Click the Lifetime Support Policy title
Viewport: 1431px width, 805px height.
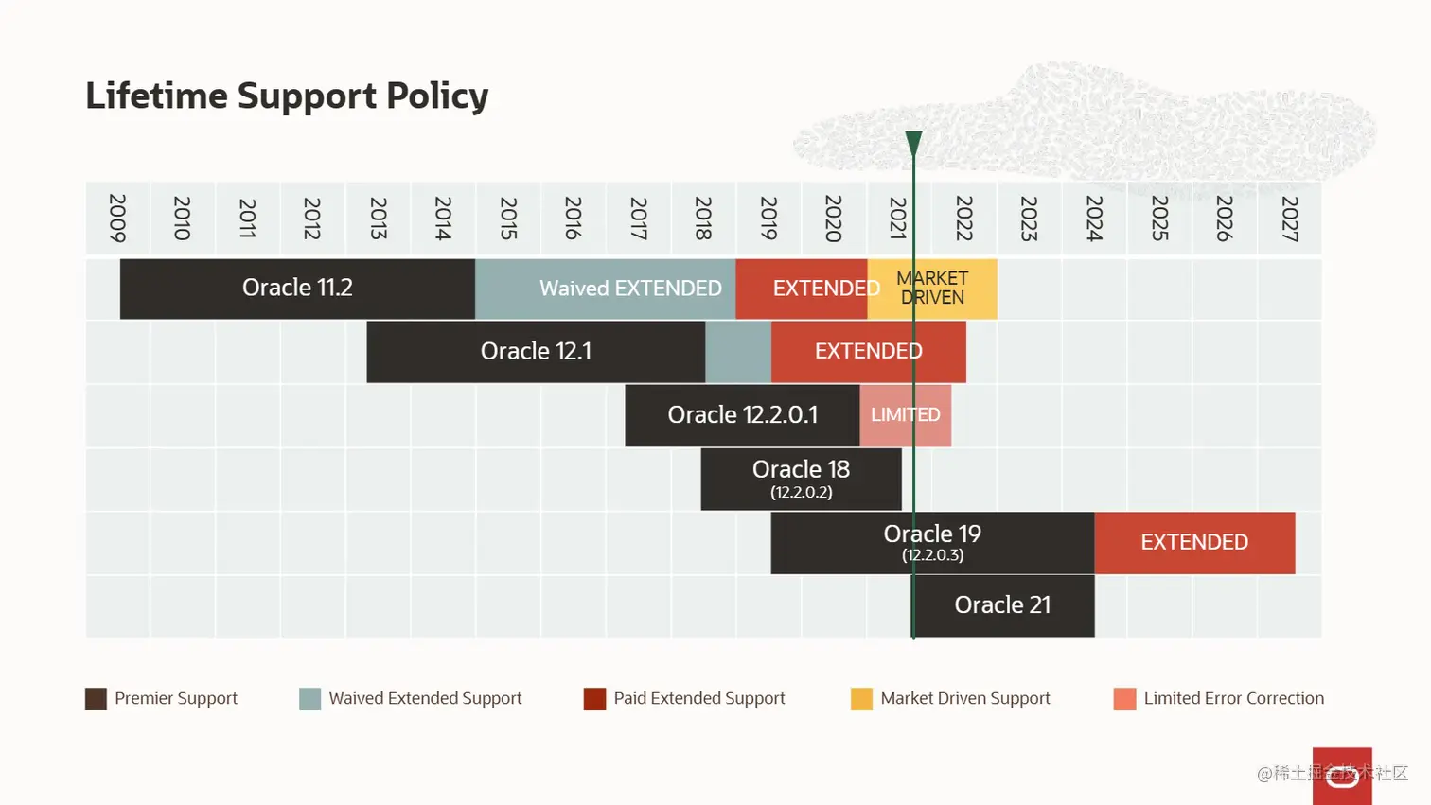(x=287, y=96)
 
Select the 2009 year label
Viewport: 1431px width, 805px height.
(x=117, y=219)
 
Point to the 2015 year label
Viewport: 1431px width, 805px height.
(x=508, y=219)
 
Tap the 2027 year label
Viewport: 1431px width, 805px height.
(x=1289, y=219)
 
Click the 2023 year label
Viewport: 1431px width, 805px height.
(x=1029, y=219)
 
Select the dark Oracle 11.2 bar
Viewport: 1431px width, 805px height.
(x=297, y=289)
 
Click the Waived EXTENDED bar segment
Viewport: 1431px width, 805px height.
(x=606, y=289)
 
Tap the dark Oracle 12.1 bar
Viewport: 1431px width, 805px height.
(x=536, y=352)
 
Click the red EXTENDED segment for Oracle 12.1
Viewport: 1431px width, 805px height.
(x=868, y=352)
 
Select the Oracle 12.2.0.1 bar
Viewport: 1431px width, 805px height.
(x=742, y=415)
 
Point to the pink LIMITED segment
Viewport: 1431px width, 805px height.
(x=906, y=415)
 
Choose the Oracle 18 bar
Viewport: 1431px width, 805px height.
(x=801, y=479)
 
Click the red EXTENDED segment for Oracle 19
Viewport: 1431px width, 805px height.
(x=1194, y=542)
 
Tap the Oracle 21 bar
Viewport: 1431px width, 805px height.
(x=1003, y=605)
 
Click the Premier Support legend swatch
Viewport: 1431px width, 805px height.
(x=96, y=699)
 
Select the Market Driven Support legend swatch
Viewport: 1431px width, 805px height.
(x=861, y=699)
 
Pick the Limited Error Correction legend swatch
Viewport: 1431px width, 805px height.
(x=1124, y=699)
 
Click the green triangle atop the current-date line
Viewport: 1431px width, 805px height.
(x=913, y=142)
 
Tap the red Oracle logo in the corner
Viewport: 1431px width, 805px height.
(x=1342, y=776)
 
